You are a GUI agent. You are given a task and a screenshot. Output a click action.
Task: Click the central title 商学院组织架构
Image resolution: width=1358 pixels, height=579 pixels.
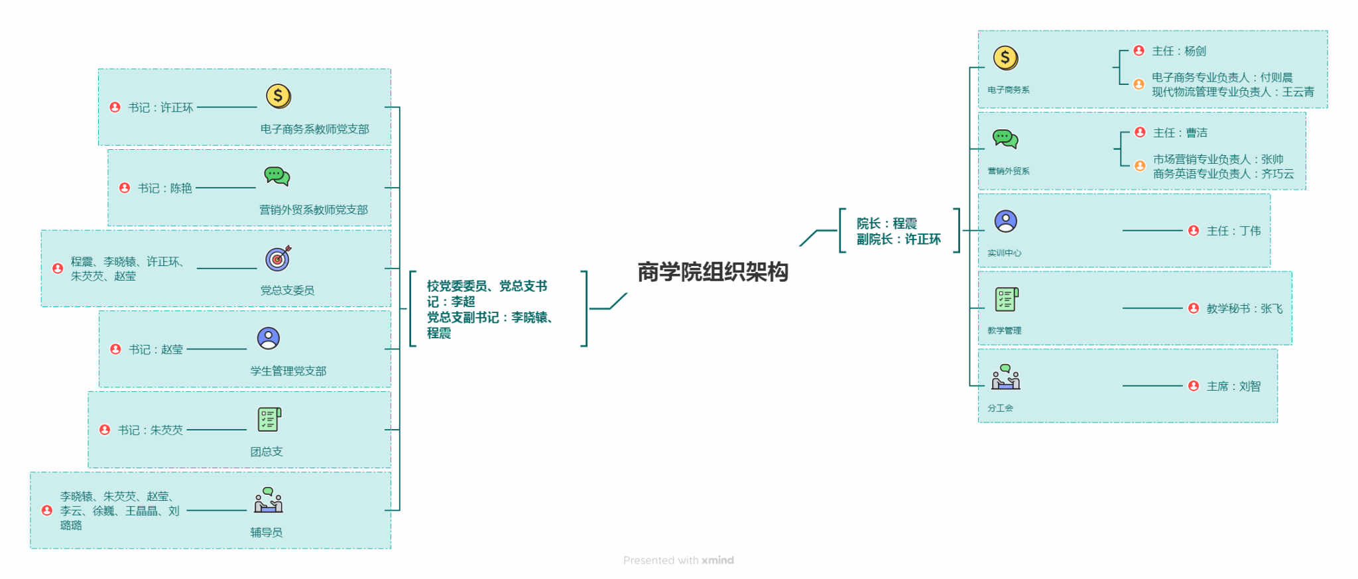(x=713, y=272)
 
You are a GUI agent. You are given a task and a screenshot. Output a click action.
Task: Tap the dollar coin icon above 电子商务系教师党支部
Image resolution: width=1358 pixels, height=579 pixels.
(x=278, y=96)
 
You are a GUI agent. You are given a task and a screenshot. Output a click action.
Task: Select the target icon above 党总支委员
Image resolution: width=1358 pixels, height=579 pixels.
(x=278, y=258)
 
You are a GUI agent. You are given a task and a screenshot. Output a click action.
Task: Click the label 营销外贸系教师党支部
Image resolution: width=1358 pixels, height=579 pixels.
(x=314, y=210)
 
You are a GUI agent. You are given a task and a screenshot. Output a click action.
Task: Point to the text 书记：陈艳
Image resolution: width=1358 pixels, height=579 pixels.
(x=164, y=188)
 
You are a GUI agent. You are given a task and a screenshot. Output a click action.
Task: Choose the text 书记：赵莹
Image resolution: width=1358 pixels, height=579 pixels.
(x=156, y=350)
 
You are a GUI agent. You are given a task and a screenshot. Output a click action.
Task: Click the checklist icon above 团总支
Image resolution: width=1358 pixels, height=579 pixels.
(x=269, y=419)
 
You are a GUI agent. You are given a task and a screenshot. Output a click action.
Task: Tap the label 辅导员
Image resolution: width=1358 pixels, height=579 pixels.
(x=267, y=532)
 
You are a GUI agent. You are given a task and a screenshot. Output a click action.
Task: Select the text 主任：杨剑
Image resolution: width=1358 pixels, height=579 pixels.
(x=1179, y=51)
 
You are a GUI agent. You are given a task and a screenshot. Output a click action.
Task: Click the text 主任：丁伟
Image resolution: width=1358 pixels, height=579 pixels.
(x=1233, y=231)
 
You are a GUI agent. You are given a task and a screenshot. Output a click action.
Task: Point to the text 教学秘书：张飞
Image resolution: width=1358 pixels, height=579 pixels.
(x=1244, y=308)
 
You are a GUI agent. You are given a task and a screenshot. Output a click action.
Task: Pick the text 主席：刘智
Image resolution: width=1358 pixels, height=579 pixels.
(x=1233, y=386)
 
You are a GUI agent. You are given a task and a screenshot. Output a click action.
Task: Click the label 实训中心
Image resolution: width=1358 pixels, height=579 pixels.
(x=1004, y=253)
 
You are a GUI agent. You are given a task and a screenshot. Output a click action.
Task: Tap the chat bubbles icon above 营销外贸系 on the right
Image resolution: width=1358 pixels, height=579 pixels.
(x=1005, y=139)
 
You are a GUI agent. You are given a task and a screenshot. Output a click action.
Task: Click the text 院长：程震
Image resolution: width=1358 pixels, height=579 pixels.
(x=887, y=224)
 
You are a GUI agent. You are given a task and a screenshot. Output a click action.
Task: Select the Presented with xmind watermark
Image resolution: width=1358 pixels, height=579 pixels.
(x=678, y=560)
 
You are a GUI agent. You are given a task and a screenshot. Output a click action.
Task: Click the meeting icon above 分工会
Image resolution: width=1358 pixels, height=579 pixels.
(x=1006, y=377)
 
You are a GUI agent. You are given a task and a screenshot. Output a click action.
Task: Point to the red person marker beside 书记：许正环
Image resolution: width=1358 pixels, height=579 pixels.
(x=115, y=107)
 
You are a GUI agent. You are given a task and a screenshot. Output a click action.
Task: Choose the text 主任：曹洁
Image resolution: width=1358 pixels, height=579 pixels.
(x=1180, y=133)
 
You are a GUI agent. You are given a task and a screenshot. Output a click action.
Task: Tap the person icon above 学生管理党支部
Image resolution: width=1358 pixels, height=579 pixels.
(x=269, y=338)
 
